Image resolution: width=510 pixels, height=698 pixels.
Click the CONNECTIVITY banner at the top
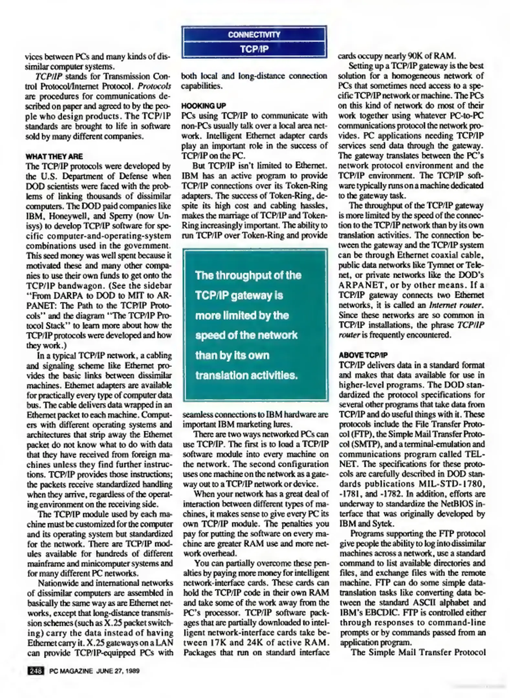click(x=254, y=35)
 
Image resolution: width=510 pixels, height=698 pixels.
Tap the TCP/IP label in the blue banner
click(x=254, y=49)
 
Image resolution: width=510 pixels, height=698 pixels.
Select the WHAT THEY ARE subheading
click(x=54, y=156)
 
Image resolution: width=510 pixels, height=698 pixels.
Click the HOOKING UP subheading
click(x=203, y=106)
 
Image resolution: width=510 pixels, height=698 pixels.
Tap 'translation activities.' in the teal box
click(x=246, y=375)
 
